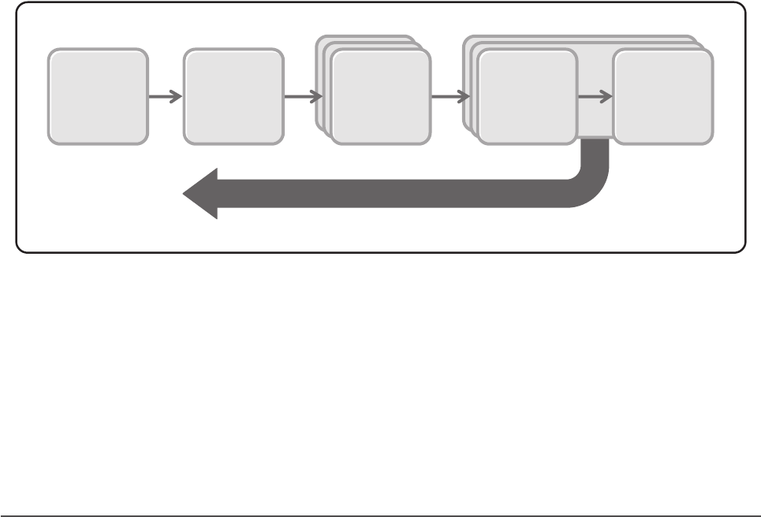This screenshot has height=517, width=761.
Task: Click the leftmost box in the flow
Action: click(x=98, y=97)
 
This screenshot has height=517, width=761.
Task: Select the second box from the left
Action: click(x=233, y=97)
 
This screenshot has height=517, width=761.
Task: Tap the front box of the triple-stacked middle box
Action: click(x=381, y=98)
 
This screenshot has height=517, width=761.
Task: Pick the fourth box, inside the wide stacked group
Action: click(x=528, y=97)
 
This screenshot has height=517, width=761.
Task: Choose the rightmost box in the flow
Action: click(x=663, y=97)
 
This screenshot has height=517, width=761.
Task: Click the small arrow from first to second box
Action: click(x=165, y=97)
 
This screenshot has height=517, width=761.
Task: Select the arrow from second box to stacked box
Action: click(x=302, y=97)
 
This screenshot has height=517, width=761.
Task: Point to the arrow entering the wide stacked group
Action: click(x=450, y=97)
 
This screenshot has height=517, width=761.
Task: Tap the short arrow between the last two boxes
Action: click(x=595, y=97)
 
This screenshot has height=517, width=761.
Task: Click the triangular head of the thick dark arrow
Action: click(x=202, y=194)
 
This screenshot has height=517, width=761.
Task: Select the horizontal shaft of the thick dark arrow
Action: click(x=394, y=194)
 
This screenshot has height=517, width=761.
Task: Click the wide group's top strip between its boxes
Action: click(x=595, y=43)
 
